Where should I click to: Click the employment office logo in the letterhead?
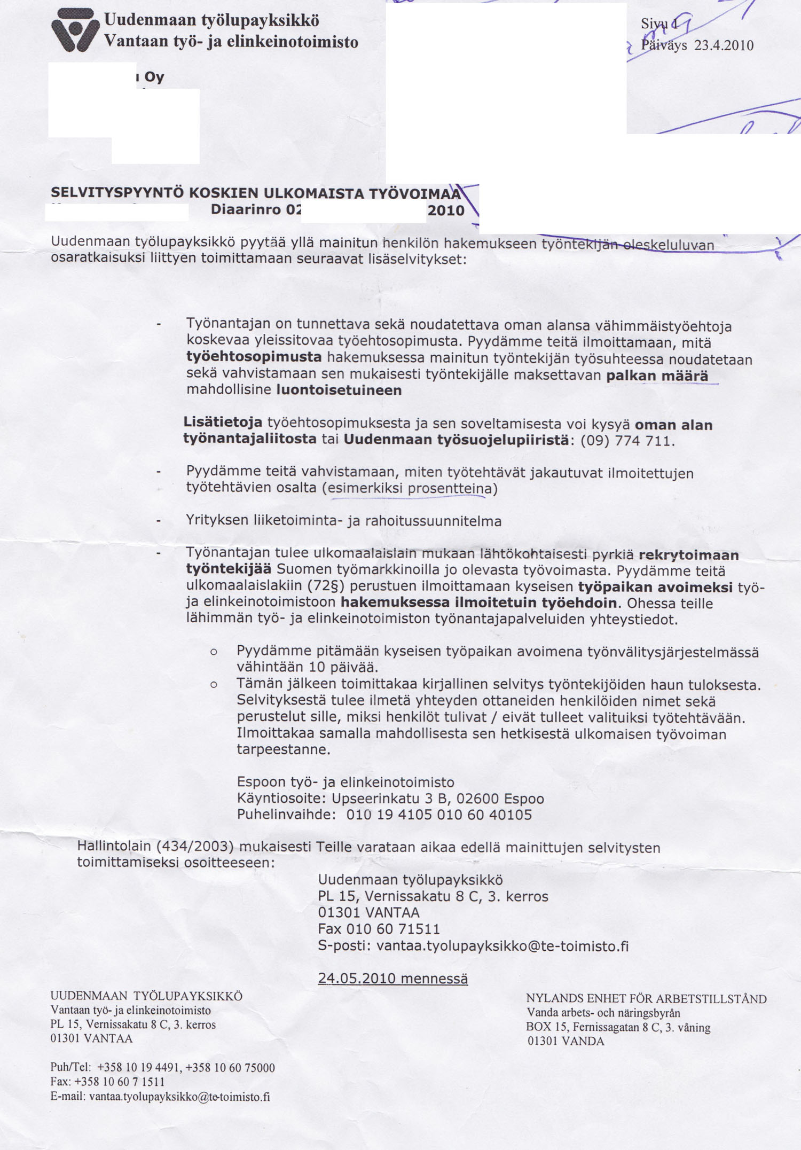75,30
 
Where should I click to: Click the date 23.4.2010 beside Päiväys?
724,45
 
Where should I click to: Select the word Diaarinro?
246,209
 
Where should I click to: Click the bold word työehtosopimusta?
254,357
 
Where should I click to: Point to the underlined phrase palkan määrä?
657,375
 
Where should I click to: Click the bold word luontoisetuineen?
339,390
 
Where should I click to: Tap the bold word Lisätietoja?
223,422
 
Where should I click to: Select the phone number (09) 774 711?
627,441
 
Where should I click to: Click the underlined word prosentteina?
449,489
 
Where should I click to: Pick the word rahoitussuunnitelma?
433,521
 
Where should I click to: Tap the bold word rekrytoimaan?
688,555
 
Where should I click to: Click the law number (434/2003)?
195,847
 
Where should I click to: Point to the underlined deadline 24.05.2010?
357,978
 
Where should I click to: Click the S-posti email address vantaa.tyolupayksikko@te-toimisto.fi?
502,946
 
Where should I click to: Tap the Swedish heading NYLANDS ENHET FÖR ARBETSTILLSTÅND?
646,998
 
